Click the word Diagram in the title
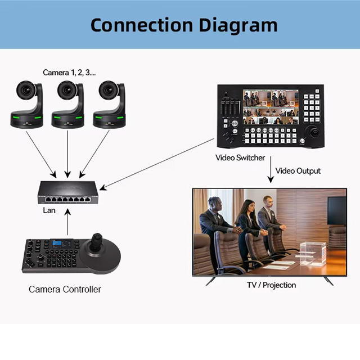coord(238,26)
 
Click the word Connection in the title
coord(142,25)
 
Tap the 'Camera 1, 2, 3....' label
coord(69,73)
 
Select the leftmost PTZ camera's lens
coord(26,90)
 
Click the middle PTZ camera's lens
coord(67,90)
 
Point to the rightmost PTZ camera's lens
coord(109,90)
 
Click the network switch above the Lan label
coord(68,192)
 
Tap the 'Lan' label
coord(49,210)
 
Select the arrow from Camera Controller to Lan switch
coord(67,222)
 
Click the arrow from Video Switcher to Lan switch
coord(157,164)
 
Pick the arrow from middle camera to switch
coord(67,154)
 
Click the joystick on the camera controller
coord(96,242)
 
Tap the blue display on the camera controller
coord(57,244)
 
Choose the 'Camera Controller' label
coord(65,289)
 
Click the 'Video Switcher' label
coord(240,157)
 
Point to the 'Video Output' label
coord(298,171)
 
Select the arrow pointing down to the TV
coord(271,169)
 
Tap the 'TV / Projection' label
coord(271,285)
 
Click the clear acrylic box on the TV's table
coord(313,253)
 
